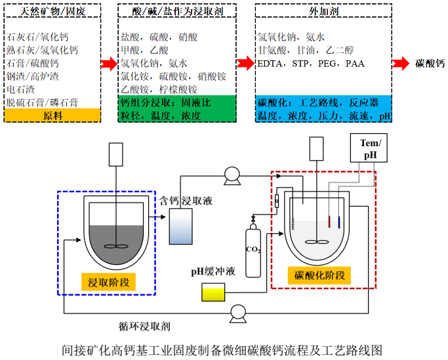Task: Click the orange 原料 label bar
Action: [x=52, y=115]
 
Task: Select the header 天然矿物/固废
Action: [x=52, y=10]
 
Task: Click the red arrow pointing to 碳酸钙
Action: [x=401, y=64]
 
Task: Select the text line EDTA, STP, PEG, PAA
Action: [x=311, y=64]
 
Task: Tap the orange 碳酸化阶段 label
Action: [x=319, y=274]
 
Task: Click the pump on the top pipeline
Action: [x=231, y=174]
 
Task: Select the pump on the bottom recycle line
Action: [x=240, y=312]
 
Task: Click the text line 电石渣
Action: [x=22, y=89]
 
